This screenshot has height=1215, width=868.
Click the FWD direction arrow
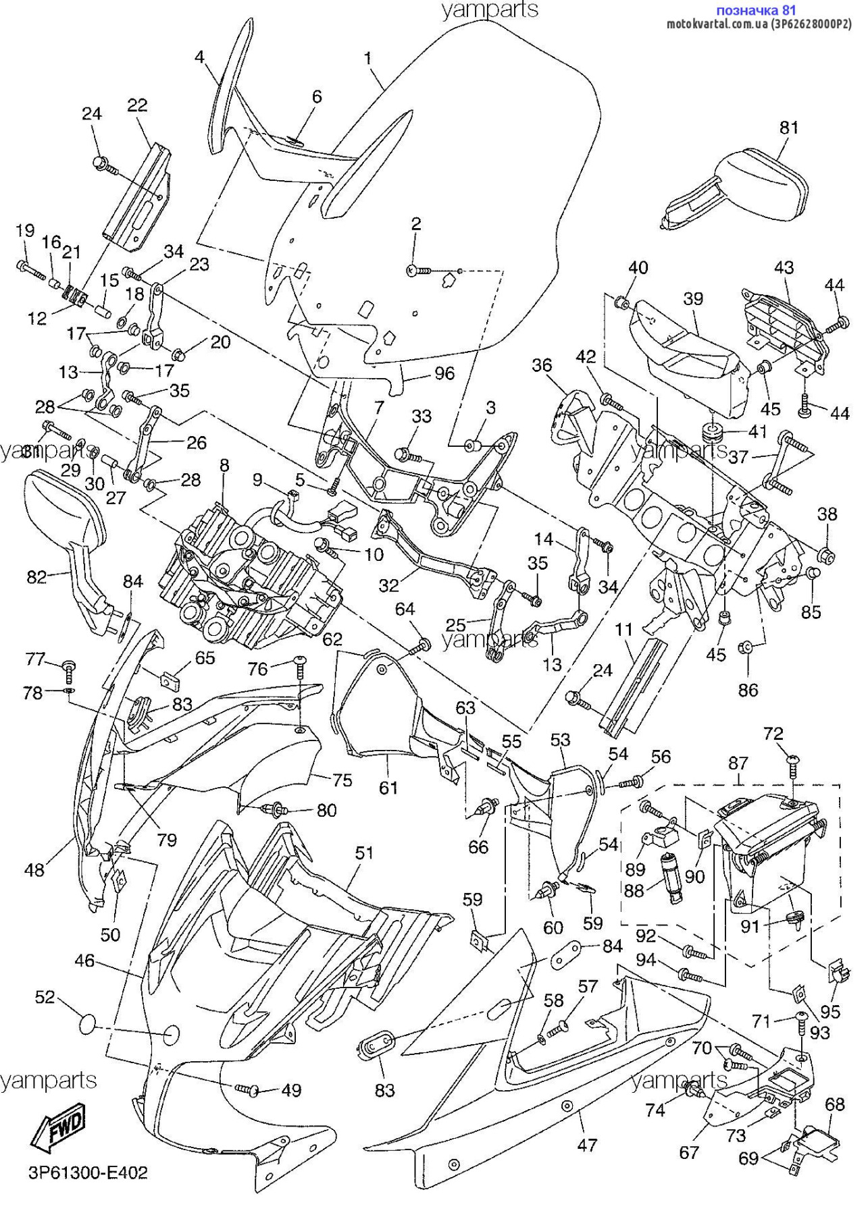click(x=59, y=1131)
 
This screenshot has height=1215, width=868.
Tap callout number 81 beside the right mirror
click(x=789, y=128)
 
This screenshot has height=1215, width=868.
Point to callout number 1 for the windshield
click(x=368, y=59)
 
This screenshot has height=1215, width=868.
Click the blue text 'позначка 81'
click(x=756, y=10)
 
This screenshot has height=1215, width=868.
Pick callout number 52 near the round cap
click(x=45, y=997)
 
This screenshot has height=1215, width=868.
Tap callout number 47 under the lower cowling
click(x=587, y=1145)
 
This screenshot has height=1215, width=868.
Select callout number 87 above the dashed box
click(x=738, y=763)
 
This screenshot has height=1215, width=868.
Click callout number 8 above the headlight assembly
click(x=224, y=465)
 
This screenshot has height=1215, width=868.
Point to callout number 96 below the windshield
click(x=444, y=373)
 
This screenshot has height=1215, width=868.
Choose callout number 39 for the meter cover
click(x=693, y=298)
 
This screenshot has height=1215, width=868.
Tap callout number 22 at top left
click(x=137, y=105)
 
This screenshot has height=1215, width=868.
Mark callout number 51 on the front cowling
click(x=364, y=853)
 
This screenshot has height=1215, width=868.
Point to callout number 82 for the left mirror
click(x=36, y=576)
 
